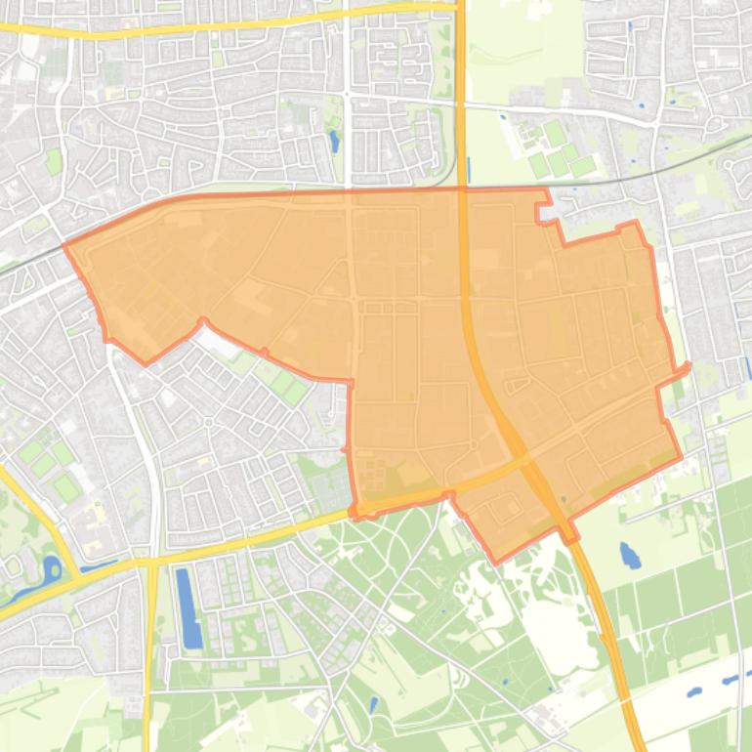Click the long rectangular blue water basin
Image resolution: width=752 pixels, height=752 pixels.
(x=188, y=607)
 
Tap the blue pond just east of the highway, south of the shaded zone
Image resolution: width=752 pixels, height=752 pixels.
(x=630, y=556)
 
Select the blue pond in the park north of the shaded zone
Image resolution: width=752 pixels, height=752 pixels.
(x=334, y=142)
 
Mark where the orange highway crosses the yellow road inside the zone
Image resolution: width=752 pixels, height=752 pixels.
(x=519, y=458)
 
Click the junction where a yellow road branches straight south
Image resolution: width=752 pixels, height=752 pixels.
(x=152, y=562)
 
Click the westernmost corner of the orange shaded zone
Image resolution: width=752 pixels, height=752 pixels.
(x=65, y=245)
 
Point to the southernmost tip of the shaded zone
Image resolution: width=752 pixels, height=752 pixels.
(x=496, y=563)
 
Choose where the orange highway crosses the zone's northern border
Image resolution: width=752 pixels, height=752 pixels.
(x=462, y=188)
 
